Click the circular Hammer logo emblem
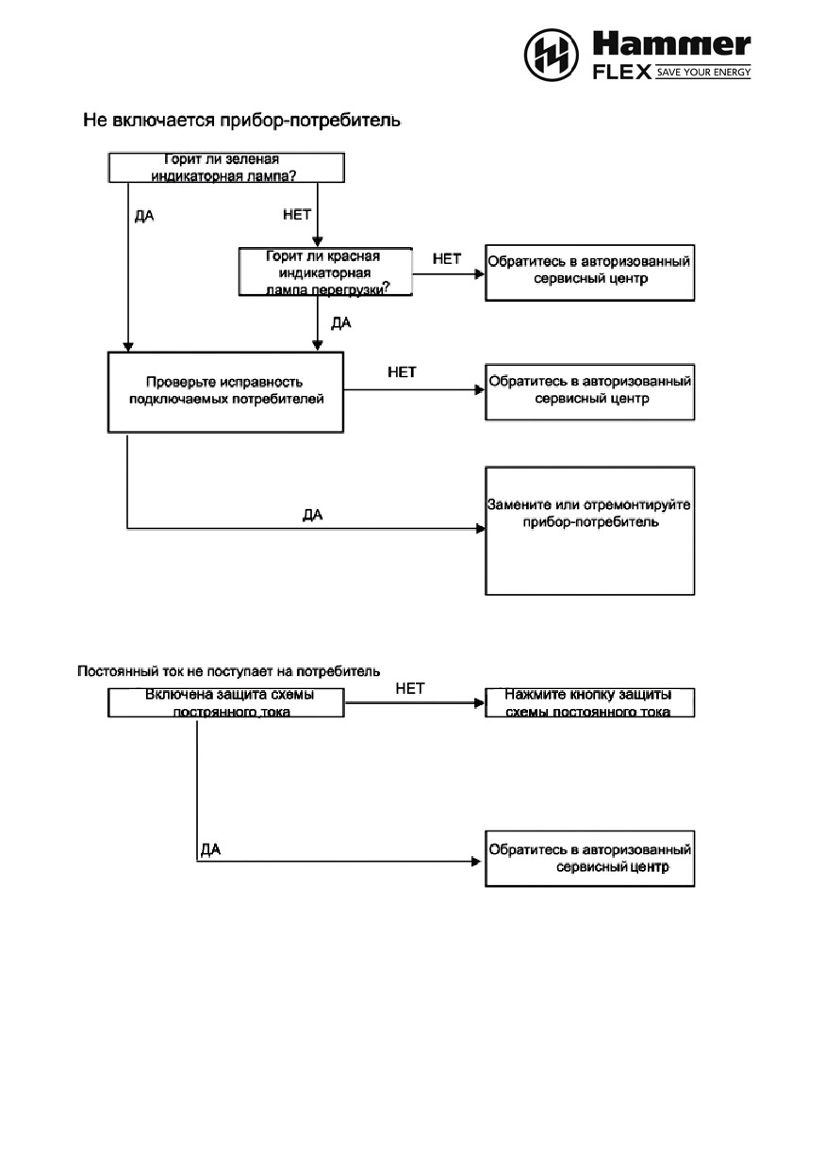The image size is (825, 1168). (x=551, y=55)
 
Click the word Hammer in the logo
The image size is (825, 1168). (x=671, y=44)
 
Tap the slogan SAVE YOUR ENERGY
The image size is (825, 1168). (x=703, y=72)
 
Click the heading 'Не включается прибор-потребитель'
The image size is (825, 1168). (x=242, y=121)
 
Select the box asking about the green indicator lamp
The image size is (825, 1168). (x=226, y=168)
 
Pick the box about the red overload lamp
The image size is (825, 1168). (x=325, y=271)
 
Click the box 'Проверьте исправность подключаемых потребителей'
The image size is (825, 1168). (x=225, y=392)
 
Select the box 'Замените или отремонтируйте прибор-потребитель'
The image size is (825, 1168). (x=590, y=531)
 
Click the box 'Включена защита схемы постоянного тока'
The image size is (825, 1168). (x=225, y=702)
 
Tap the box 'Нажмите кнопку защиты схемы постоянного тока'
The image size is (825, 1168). (x=590, y=702)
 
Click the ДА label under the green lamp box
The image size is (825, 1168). (x=144, y=216)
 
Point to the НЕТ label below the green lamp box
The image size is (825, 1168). (x=297, y=214)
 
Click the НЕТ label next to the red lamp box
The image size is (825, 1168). (x=447, y=258)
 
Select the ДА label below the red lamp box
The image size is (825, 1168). (x=341, y=323)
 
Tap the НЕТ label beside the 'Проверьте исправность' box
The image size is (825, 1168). (x=402, y=372)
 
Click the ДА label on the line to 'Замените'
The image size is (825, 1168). (x=313, y=515)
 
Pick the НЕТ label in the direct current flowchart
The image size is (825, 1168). (x=410, y=688)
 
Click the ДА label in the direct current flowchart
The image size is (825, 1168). (x=210, y=850)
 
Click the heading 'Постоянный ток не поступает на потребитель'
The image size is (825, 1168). (x=228, y=671)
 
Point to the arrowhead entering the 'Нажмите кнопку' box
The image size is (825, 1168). (x=479, y=703)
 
